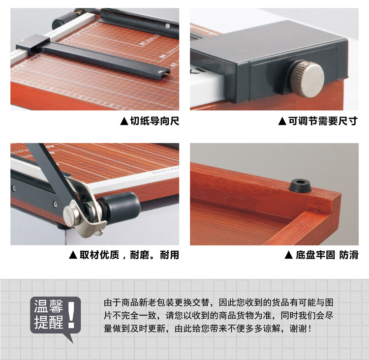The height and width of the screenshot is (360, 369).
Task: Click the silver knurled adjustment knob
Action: coord(307,79)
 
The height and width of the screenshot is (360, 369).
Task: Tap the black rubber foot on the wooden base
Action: coord(300,185)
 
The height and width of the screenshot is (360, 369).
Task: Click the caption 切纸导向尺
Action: coord(154,121)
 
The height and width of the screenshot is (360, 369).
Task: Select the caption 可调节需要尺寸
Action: coord(323,121)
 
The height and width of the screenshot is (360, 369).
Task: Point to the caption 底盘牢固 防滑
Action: coord(327,255)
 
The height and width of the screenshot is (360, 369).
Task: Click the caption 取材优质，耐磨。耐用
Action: coord(129,255)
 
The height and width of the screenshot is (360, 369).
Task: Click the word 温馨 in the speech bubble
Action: coord(49,306)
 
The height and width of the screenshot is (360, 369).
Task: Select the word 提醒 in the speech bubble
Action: coord(49,322)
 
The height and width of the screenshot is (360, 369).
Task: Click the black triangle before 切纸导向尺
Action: coord(124,121)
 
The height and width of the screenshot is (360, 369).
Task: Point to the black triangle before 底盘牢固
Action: coord(288,255)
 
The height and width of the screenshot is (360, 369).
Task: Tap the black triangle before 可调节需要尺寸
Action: coord(282,121)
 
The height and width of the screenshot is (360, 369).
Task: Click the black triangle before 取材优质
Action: coord(73,255)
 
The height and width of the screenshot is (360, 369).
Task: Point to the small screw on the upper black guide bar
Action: coord(168,26)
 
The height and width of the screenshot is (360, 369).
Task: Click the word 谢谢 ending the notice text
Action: coord(298,329)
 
